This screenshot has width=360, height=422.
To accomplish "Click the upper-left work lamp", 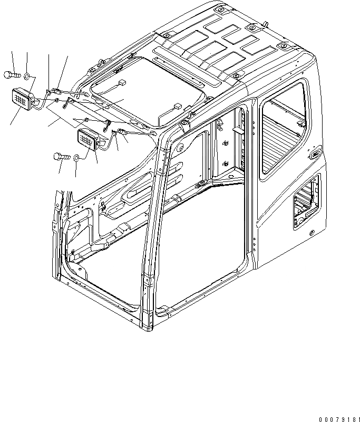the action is point(22,99).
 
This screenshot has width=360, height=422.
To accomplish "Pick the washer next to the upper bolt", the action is point(27,75).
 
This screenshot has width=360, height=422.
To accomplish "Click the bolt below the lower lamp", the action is point(60,156).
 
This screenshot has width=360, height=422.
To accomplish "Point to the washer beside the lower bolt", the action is point(76,157).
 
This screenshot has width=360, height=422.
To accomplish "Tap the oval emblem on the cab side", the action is point(316,154).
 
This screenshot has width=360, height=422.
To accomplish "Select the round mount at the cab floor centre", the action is point(200,184).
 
